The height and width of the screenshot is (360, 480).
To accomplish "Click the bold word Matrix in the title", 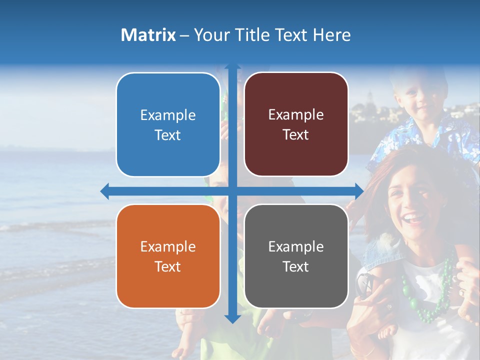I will click(x=148, y=35).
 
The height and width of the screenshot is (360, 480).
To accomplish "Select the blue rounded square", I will click(x=168, y=124).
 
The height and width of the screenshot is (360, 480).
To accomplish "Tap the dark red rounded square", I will click(x=296, y=124).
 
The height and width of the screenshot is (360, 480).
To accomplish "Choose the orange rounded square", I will click(x=168, y=256).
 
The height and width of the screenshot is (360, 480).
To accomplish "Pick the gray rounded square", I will click(x=296, y=256).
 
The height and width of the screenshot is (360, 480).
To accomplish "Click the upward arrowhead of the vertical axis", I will click(x=232, y=67).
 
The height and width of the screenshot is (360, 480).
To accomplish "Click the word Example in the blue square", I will click(x=168, y=115).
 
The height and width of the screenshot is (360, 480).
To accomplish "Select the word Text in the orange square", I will click(x=168, y=266).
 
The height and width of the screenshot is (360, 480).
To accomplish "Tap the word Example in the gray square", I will click(x=296, y=246).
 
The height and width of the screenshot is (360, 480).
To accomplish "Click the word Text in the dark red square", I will click(x=296, y=134).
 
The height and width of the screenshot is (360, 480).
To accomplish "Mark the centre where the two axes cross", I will click(x=232, y=191).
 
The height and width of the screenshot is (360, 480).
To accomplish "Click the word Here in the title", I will click(x=332, y=35).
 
